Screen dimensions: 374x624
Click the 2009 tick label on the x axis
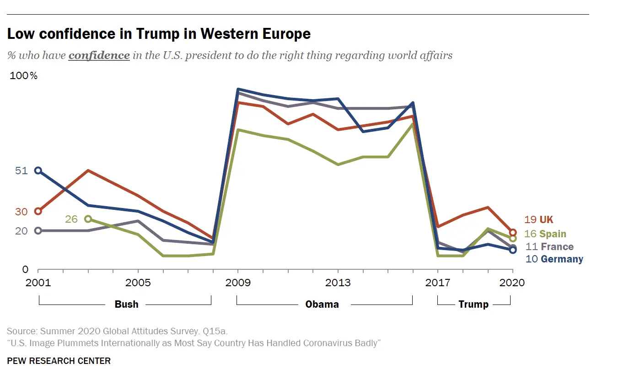238,283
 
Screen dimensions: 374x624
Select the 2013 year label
338,283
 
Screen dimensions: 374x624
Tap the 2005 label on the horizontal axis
138,283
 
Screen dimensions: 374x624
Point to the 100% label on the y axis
24,76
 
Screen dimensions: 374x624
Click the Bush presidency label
126,305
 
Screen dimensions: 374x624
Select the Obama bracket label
322,305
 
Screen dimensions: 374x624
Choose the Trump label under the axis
473,305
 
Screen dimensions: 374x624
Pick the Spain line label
545,234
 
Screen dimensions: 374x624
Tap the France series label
549,247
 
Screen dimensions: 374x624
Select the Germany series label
554,259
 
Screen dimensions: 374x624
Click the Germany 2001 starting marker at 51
38,171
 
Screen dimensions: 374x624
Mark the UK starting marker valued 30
38,211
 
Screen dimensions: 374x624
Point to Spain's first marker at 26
88,219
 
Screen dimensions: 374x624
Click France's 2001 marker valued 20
38,231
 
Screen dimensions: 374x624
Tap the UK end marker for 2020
513,233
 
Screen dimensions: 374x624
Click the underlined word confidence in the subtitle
99,56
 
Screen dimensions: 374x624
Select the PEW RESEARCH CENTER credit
59,361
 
